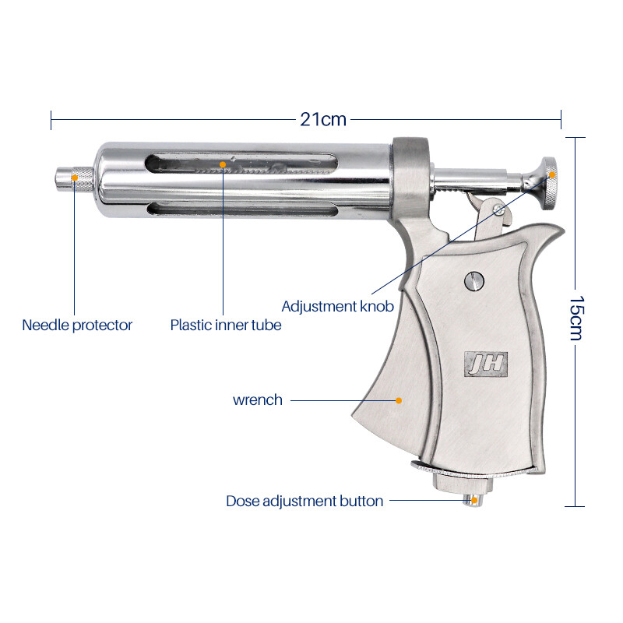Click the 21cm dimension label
click(x=323, y=119)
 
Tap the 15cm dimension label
click(x=575, y=318)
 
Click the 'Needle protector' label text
click(x=77, y=325)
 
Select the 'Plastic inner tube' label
click(x=226, y=325)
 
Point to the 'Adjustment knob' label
click(x=338, y=306)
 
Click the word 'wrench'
click(x=258, y=399)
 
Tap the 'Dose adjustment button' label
click(x=304, y=501)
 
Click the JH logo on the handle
click(x=486, y=364)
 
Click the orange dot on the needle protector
click(x=75, y=178)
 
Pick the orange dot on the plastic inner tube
click(x=223, y=164)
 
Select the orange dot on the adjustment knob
click(x=552, y=174)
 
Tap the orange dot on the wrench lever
click(x=399, y=400)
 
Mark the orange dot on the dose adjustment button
click(x=473, y=501)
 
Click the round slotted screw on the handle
click(x=474, y=281)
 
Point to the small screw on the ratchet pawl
click(x=498, y=210)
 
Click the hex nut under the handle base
click(x=463, y=484)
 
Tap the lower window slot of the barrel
click(x=242, y=209)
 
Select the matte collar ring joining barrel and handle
click(x=411, y=179)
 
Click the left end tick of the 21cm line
click(x=51, y=120)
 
